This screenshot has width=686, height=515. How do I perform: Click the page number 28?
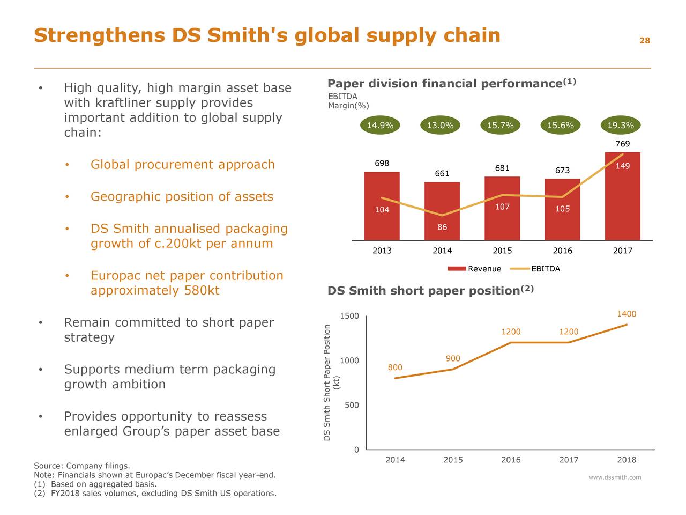pos(644,41)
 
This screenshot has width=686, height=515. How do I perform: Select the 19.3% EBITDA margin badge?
pos(621,126)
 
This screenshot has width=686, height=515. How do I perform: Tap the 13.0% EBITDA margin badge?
pos(440,126)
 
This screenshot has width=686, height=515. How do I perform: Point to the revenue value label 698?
pos(382,164)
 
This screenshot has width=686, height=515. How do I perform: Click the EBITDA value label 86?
pos(442,227)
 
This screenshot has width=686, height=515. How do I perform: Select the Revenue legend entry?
pos(474,269)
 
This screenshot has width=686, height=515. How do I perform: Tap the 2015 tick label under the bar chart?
pos(502,251)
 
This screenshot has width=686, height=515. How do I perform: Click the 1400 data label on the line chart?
pos(626,314)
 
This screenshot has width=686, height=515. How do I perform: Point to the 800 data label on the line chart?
pos(394,367)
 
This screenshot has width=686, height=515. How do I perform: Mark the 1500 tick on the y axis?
pos(349,316)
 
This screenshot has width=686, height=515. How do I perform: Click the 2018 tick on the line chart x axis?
pos(626,460)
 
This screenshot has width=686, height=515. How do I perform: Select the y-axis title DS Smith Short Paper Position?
pos(327,383)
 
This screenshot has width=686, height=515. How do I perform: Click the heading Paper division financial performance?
pos(445,84)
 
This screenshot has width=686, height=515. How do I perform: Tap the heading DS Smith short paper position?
pos(423,291)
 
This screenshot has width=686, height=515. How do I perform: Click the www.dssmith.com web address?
pos(614,477)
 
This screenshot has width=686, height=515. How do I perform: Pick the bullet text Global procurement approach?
pos(182,165)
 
